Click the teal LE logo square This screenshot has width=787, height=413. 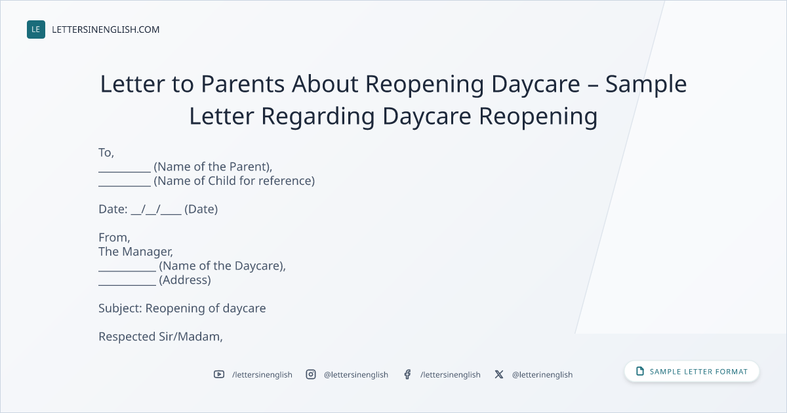point(36,29)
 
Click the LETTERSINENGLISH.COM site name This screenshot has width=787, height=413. point(106,29)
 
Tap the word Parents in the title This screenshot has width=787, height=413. point(243,84)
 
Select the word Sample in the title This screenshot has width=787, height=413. point(646,85)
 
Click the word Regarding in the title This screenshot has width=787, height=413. point(317,117)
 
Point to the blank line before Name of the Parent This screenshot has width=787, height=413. point(125,172)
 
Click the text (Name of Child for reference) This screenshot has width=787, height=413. point(234,181)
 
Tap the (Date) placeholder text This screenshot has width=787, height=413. point(201,209)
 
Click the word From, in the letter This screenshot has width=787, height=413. point(114,238)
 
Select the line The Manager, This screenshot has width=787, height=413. point(136,252)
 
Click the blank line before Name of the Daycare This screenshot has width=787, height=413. point(127,271)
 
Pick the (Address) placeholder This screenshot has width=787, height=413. point(185,280)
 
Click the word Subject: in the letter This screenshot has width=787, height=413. point(120,308)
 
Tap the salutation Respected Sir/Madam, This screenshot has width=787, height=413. point(161,336)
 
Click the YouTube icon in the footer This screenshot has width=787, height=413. point(219,374)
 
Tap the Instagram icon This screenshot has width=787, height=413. point(311,374)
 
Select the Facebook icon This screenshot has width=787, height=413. point(407,374)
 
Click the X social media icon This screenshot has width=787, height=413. point(499,374)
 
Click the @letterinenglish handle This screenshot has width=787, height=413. point(542,375)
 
